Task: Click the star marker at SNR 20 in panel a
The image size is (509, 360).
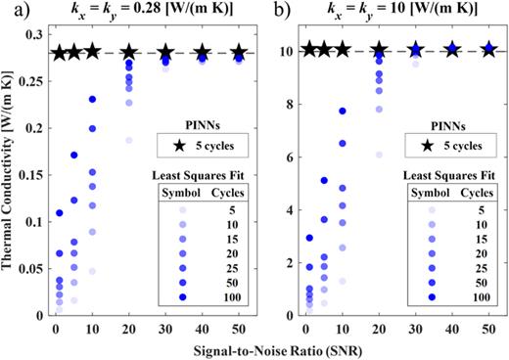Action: pyautogui.click(x=129, y=53)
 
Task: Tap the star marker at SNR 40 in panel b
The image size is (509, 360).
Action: pyautogui.click(x=451, y=49)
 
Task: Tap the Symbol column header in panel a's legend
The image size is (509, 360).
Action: pyautogui.click(x=162, y=191)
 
